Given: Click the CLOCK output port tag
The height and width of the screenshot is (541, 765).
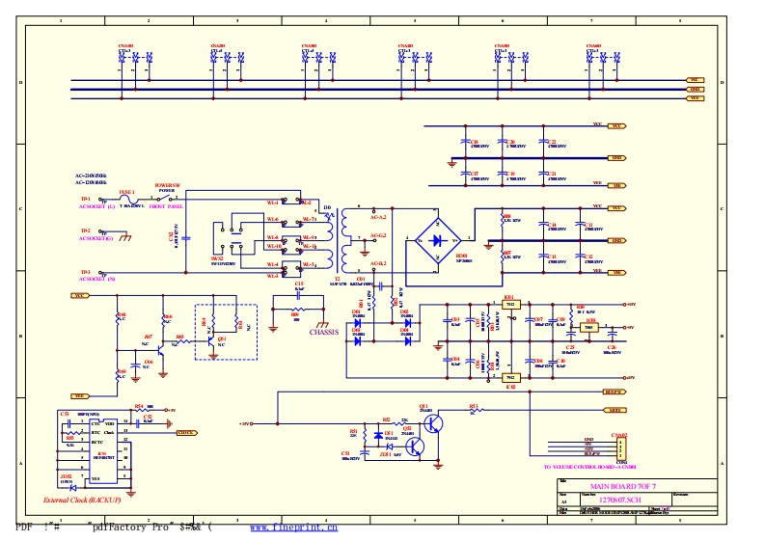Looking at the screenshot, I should pos(186,433).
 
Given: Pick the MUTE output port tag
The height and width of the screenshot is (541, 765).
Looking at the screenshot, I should pos(615,410).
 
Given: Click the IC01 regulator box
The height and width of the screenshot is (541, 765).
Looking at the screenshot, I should pos(511,305).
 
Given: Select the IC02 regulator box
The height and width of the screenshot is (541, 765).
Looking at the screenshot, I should pos(511,377).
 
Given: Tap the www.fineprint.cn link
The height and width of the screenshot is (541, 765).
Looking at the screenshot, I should pos(293,528).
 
